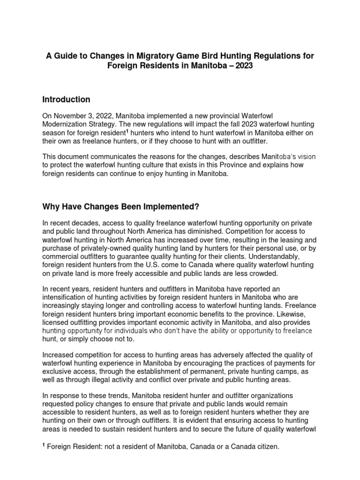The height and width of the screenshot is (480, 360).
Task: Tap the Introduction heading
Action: click(x=66, y=99)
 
